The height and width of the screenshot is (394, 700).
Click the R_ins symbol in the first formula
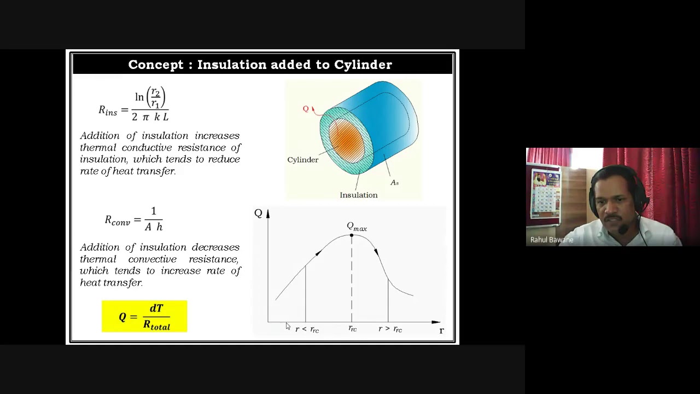point(108,110)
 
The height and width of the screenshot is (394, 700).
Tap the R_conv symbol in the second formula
point(117,221)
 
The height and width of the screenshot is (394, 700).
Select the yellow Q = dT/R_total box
point(144,316)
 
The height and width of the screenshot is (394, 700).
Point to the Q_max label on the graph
point(357,227)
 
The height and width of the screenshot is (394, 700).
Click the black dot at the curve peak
point(352,235)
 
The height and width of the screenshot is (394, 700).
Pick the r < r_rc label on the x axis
point(307,329)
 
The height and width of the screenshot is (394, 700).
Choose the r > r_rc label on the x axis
point(390,329)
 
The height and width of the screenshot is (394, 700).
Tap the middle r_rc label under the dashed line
point(352,329)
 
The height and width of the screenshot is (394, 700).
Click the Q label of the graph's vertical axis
point(258,213)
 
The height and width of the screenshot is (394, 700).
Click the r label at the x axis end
point(441,331)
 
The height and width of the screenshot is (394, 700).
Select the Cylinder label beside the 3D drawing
point(302,160)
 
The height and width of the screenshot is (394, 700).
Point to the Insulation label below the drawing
point(358,195)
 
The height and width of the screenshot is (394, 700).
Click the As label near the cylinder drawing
point(394,182)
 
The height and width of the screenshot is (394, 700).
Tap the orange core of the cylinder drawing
point(346,140)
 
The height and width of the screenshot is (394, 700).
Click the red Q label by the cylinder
point(306,109)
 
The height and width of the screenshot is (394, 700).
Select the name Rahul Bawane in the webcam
point(552,240)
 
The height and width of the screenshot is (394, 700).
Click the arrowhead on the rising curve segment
point(318,253)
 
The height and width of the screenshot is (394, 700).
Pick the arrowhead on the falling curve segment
point(376,251)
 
